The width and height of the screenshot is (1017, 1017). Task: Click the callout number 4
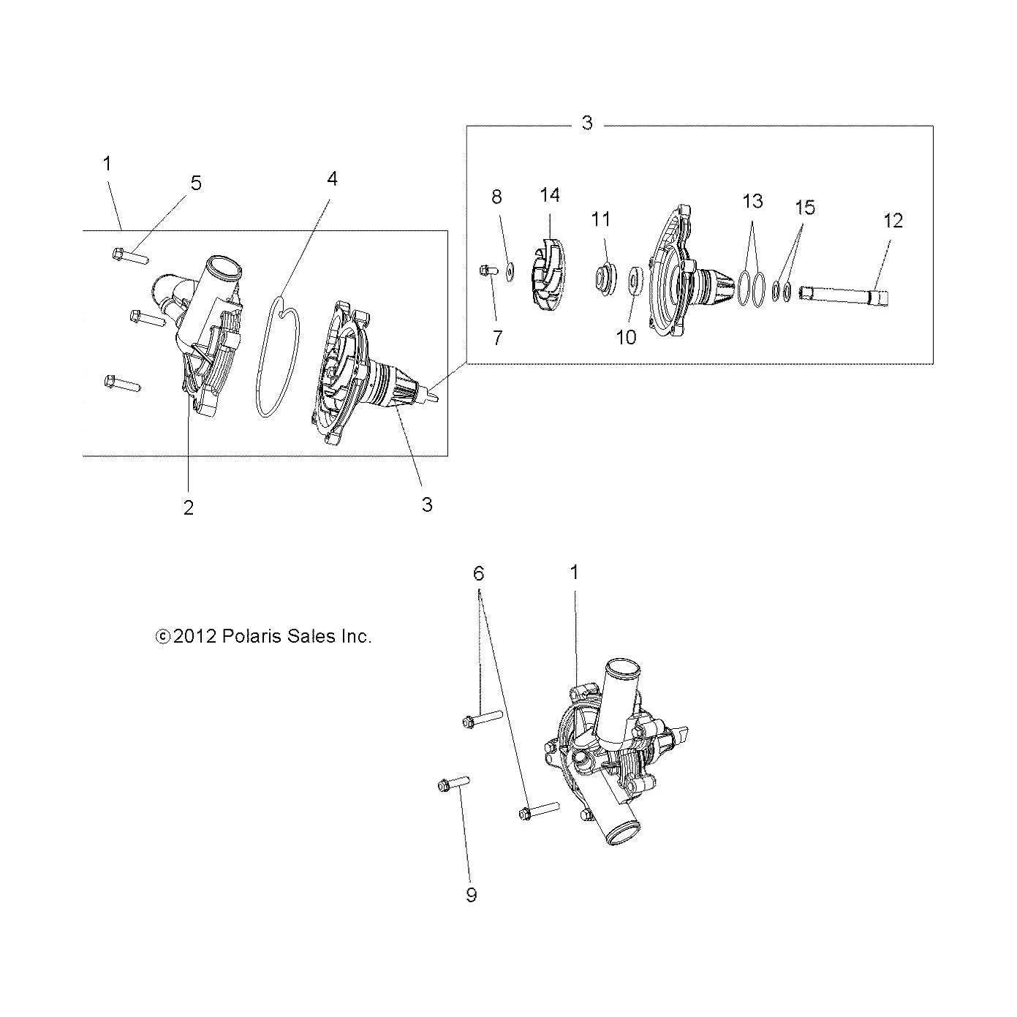[x=332, y=178]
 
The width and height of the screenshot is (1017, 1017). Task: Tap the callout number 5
[x=196, y=183]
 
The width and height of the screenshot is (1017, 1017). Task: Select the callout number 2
[x=189, y=508]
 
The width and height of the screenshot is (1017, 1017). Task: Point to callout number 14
[x=550, y=195]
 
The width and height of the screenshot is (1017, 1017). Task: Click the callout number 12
[x=893, y=220]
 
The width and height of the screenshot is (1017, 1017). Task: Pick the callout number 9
[x=472, y=895]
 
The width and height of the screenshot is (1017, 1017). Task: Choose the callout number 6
[x=478, y=574]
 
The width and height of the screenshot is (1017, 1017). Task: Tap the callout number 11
[x=601, y=219]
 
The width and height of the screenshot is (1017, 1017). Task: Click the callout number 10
[x=627, y=337]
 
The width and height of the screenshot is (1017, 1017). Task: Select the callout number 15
[x=805, y=207]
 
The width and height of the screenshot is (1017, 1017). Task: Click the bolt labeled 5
[x=131, y=256]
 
